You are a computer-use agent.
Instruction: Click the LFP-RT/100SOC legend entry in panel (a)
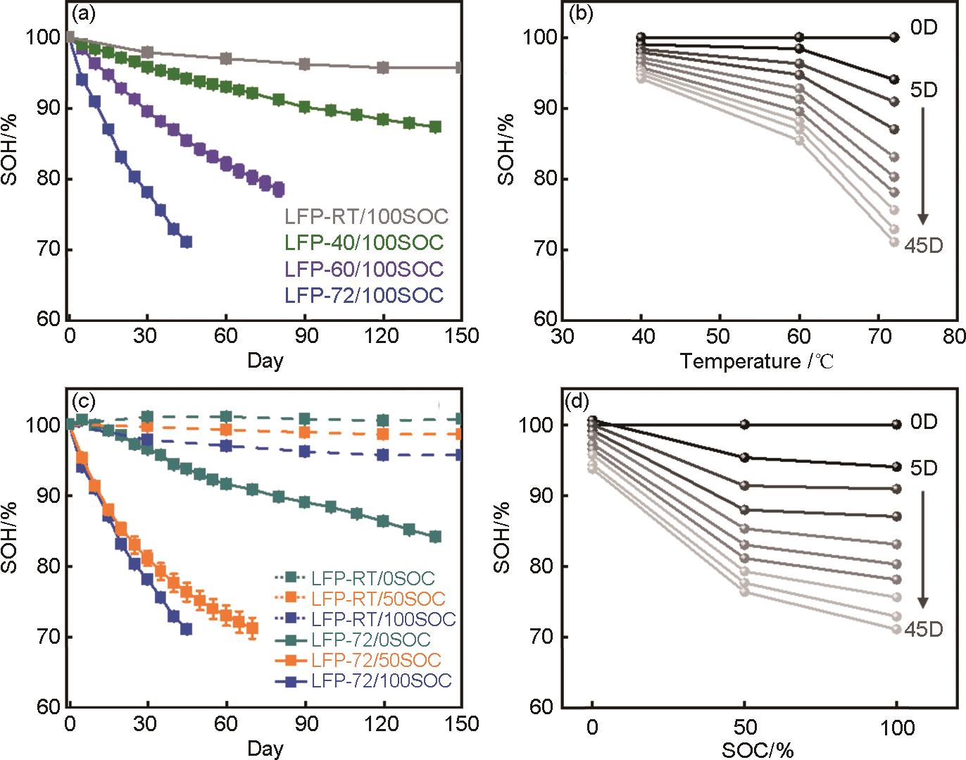click(x=366, y=216)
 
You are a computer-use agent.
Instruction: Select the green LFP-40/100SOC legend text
click(x=364, y=243)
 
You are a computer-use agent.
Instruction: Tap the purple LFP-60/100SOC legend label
click(x=364, y=269)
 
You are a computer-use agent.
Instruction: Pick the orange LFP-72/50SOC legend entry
click(x=375, y=660)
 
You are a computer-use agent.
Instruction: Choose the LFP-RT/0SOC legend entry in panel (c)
click(x=372, y=579)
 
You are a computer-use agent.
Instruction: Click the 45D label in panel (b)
click(x=923, y=244)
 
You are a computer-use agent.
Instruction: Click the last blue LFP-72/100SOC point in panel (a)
click(x=186, y=242)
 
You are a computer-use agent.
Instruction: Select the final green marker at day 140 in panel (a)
click(x=435, y=127)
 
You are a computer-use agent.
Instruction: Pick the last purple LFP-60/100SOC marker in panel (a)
click(x=278, y=189)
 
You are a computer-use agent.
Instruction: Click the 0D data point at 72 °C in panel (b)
click(x=894, y=37)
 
